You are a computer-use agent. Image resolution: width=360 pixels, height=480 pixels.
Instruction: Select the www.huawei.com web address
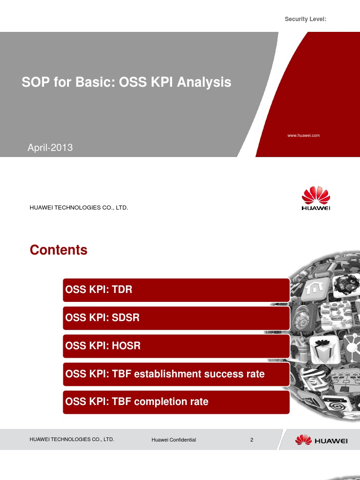[x=303, y=135]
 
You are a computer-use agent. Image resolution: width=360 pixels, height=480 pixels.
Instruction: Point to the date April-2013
[x=50, y=148]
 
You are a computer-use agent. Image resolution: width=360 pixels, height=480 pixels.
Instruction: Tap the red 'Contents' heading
[x=59, y=250]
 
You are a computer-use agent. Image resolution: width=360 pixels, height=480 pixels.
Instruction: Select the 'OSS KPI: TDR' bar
[x=176, y=290]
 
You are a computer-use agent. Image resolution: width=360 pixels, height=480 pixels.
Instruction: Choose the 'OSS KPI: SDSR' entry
[x=176, y=318]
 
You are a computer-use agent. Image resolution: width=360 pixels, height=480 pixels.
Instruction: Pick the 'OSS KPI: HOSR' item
[x=176, y=346]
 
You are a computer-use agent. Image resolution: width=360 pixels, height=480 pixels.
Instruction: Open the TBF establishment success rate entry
[x=176, y=374]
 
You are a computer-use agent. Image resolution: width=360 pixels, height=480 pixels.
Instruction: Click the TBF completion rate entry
[x=176, y=402]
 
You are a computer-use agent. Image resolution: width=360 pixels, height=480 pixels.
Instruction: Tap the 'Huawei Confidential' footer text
[x=173, y=440]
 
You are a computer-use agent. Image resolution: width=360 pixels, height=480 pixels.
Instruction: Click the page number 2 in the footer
[x=252, y=440]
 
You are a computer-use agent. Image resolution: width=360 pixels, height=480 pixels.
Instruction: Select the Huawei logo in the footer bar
[x=321, y=440]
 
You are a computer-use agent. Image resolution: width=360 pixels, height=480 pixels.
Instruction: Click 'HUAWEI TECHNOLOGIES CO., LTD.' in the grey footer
[x=72, y=440]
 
